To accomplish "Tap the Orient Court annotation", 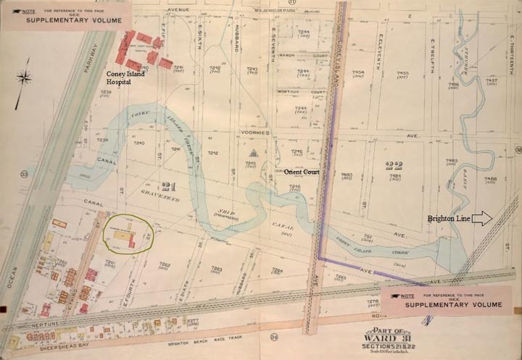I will click(x=302, y=172).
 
